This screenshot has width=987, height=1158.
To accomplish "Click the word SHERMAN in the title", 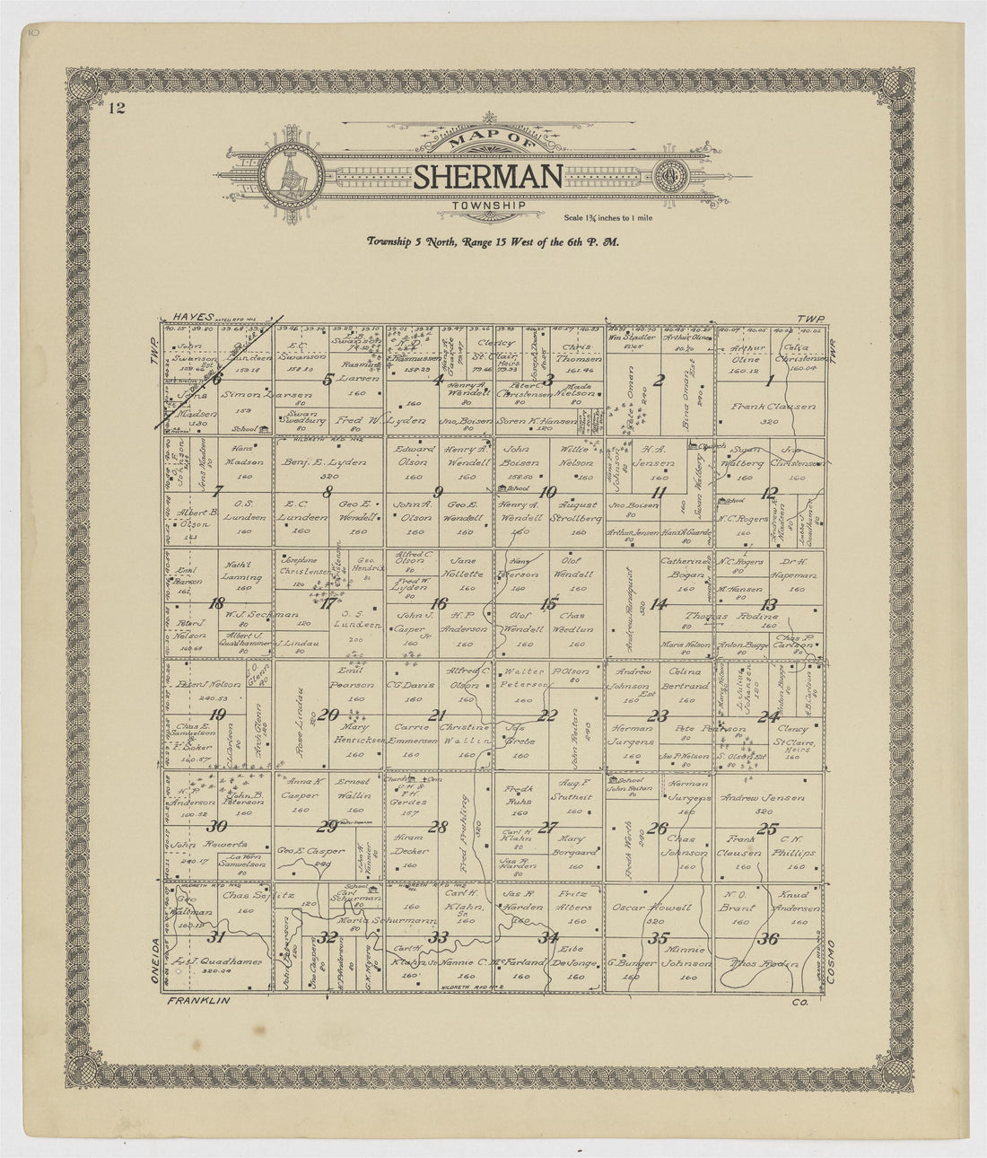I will click(488, 178).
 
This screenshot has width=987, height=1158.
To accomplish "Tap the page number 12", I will click(115, 110).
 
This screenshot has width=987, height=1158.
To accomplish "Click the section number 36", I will click(768, 940).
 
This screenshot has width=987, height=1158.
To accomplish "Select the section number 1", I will click(769, 381).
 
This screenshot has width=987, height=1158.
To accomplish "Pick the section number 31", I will click(216, 938).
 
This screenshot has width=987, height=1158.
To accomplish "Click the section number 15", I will click(548, 603).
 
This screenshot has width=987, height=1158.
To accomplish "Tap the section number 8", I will click(328, 491).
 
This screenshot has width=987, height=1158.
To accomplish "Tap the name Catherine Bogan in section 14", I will click(686, 568).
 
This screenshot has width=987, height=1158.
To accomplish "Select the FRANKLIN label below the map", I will click(198, 1000).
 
